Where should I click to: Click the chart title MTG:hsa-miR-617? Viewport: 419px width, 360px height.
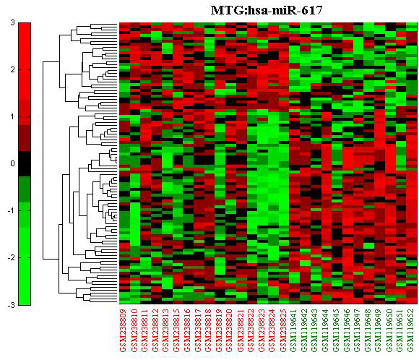pyautogui.click(x=267, y=10)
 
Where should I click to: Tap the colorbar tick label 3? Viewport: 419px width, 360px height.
pyautogui.click(x=12, y=23)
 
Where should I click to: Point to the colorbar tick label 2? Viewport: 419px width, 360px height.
pyautogui.click(x=12, y=70)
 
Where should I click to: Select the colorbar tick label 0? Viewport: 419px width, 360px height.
pyautogui.click(x=12, y=163)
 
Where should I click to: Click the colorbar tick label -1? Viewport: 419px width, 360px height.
pyautogui.click(x=12, y=211)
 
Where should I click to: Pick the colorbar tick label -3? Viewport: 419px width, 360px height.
pyautogui.click(x=12, y=305)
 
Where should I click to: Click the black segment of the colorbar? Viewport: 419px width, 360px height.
pyautogui.click(x=25, y=163)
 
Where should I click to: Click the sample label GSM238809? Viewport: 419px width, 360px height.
pyautogui.click(x=123, y=330)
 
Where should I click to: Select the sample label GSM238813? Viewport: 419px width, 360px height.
pyautogui.click(x=165, y=330)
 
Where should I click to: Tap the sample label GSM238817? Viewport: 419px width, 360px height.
pyautogui.click(x=197, y=330)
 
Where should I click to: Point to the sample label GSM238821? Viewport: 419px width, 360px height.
pyautogui.click(x=240, y=330)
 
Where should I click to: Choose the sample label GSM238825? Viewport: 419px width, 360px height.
pyautogui.click(x=282, y=330)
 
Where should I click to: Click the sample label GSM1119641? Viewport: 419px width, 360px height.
pyautogui.click(x=293, y=330)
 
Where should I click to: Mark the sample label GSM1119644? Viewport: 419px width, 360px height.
pyautogui.click(x=325, y=330)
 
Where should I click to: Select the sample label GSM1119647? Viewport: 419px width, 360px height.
pyautogui.click(x=358, y=330)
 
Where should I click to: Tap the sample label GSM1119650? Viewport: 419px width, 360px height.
pyautogui.click(x=389, y=330)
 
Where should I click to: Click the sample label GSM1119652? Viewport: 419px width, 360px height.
pyautogui.click(x=411, y=330)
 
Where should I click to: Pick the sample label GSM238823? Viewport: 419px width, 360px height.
pyautogui.click(x=262, y=330)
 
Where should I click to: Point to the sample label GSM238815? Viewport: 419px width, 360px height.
pyautogui.click(x=176, y=330)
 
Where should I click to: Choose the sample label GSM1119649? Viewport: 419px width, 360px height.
pyautogui.click(x=379, y=330)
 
